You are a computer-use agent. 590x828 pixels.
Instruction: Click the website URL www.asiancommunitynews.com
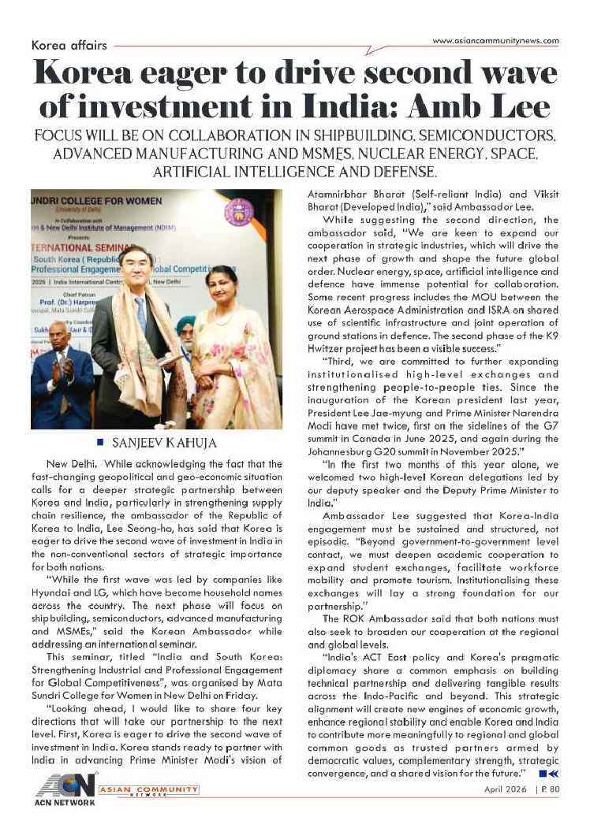[x=496, y=41]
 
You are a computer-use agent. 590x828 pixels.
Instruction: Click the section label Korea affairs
[x=69, y=46]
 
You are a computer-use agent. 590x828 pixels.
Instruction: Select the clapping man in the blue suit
[x=62, y=378]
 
